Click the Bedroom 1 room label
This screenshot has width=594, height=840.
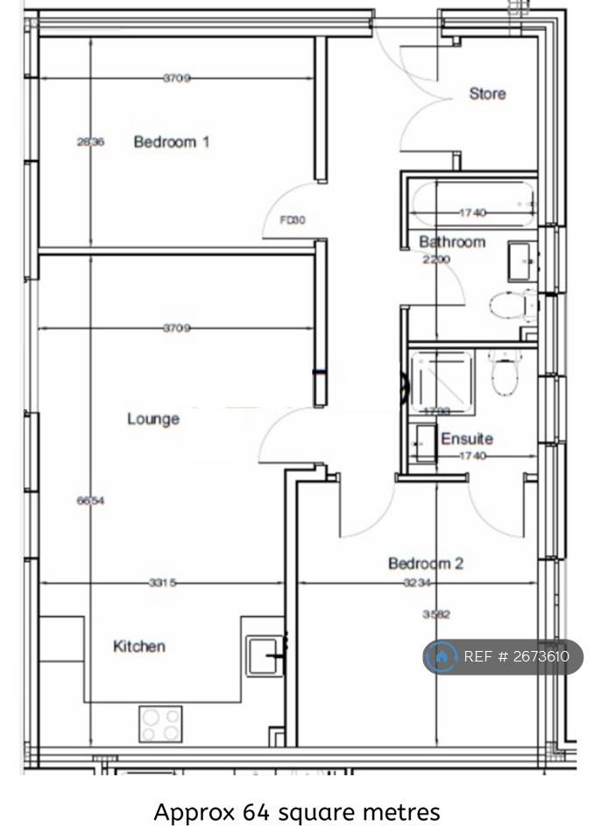pyautogui.click(x=171, y=142)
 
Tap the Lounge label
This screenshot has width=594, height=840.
pyautogui.click(x=153, y=419)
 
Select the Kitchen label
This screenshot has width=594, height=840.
pyautogui.click(x=139, y=647)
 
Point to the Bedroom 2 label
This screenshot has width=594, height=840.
pyautogui.click(x=426, y=563)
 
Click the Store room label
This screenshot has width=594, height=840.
pyautogui.click(x=487, y=94)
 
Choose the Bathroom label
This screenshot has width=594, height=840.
pyautogui.click(x=451, y=241)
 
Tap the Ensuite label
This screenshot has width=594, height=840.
pyautogui.click(x=466, y=438)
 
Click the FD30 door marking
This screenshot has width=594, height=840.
pyautogui.click(x=292, y=220)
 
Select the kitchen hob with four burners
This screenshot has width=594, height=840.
pyautogui.click(x=159, y=724)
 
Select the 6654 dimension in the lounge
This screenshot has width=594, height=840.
pyautogui.click(x=90, y=501)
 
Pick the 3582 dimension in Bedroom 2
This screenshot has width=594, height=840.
pyautogui.click(x=435, y=614)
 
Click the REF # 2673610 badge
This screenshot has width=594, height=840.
pyautogui.click(x=503, y=657)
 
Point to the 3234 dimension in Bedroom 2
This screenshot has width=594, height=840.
pyautogui.click(x=417, y=584)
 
